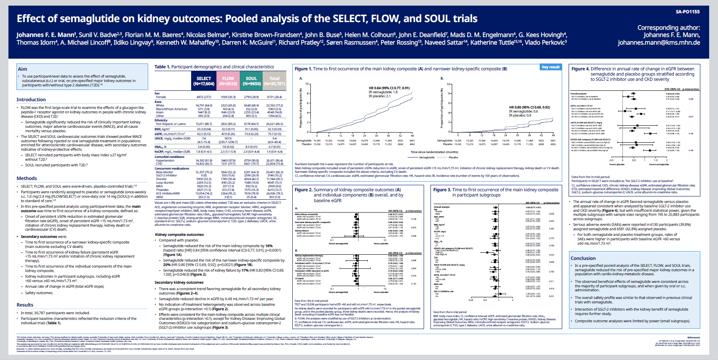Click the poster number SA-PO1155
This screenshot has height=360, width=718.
687,12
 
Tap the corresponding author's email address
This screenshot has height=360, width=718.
659,43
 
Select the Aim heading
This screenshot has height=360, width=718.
22,69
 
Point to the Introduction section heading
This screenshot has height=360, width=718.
31,100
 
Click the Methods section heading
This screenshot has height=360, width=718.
27,178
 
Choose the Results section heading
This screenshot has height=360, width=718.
25,305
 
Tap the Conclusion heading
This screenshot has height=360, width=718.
583,258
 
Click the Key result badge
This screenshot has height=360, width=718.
551,67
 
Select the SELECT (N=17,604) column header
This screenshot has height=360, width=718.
204,81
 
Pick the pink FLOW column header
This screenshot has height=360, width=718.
228,81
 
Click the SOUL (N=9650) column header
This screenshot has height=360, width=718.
251,81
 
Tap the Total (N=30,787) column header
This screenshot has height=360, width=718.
274,81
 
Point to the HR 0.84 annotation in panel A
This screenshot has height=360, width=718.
389,88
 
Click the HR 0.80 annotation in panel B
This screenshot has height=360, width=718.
529,107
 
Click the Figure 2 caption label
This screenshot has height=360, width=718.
303,190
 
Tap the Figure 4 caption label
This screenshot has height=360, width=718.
580,69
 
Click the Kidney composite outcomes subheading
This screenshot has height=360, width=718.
179,235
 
